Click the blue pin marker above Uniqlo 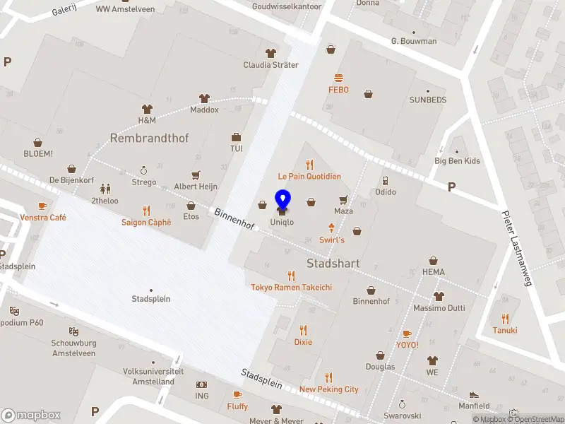(x=282, y=200)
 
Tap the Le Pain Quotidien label (x=309, y=176)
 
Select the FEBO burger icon (x=339, y=78)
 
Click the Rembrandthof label (x=149, y=139)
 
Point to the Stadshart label (x=333, y=264)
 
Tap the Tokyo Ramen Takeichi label (x=291, y=287)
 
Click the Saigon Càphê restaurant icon (x=146, y=210)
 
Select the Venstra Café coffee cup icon (x=42, y=206)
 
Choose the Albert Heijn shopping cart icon (x=196, y=175)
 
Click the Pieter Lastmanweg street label (x=516, y=248)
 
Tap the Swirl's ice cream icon (x=331, y=228)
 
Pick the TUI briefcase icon (x=236, y=137)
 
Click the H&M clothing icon (x=147, y=109)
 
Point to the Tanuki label (x=505, y=330)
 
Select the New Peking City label (x=329, y=389)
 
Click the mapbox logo (x=31, y=416)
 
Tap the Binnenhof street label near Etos (x=234, y=218)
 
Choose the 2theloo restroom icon (x=105, y=189)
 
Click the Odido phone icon (x=385, y=180)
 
